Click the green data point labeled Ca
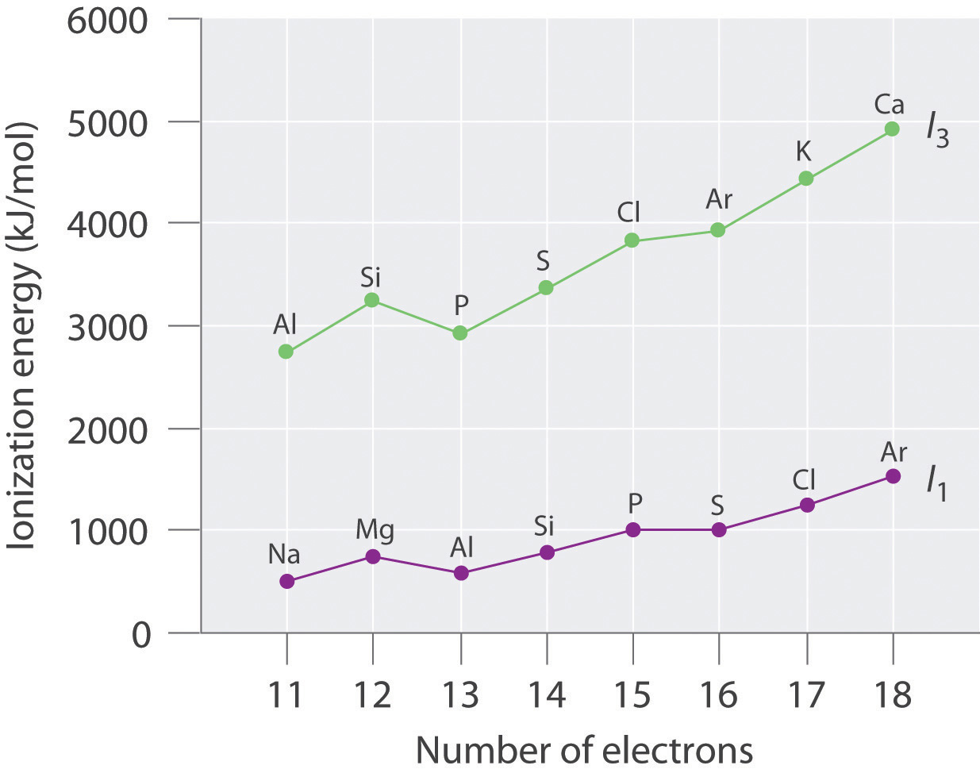[892, 129]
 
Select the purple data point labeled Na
[286, 581]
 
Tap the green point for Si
[371, 300]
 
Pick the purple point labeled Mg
[372, 556]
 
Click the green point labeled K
[805, 179]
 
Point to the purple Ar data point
[893, 476]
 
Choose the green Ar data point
[718, 230]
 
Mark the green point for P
[460, 333]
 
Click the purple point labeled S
[719, 529]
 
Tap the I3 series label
[937, 130]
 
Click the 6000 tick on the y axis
[108, 20]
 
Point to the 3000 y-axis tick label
[108, 327]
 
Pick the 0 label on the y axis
[140, 635]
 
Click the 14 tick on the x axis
[546, 695]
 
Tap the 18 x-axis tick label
[892, 695]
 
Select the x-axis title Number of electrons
[584, 750]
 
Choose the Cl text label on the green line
[628, 213]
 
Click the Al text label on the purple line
[462, 548]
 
